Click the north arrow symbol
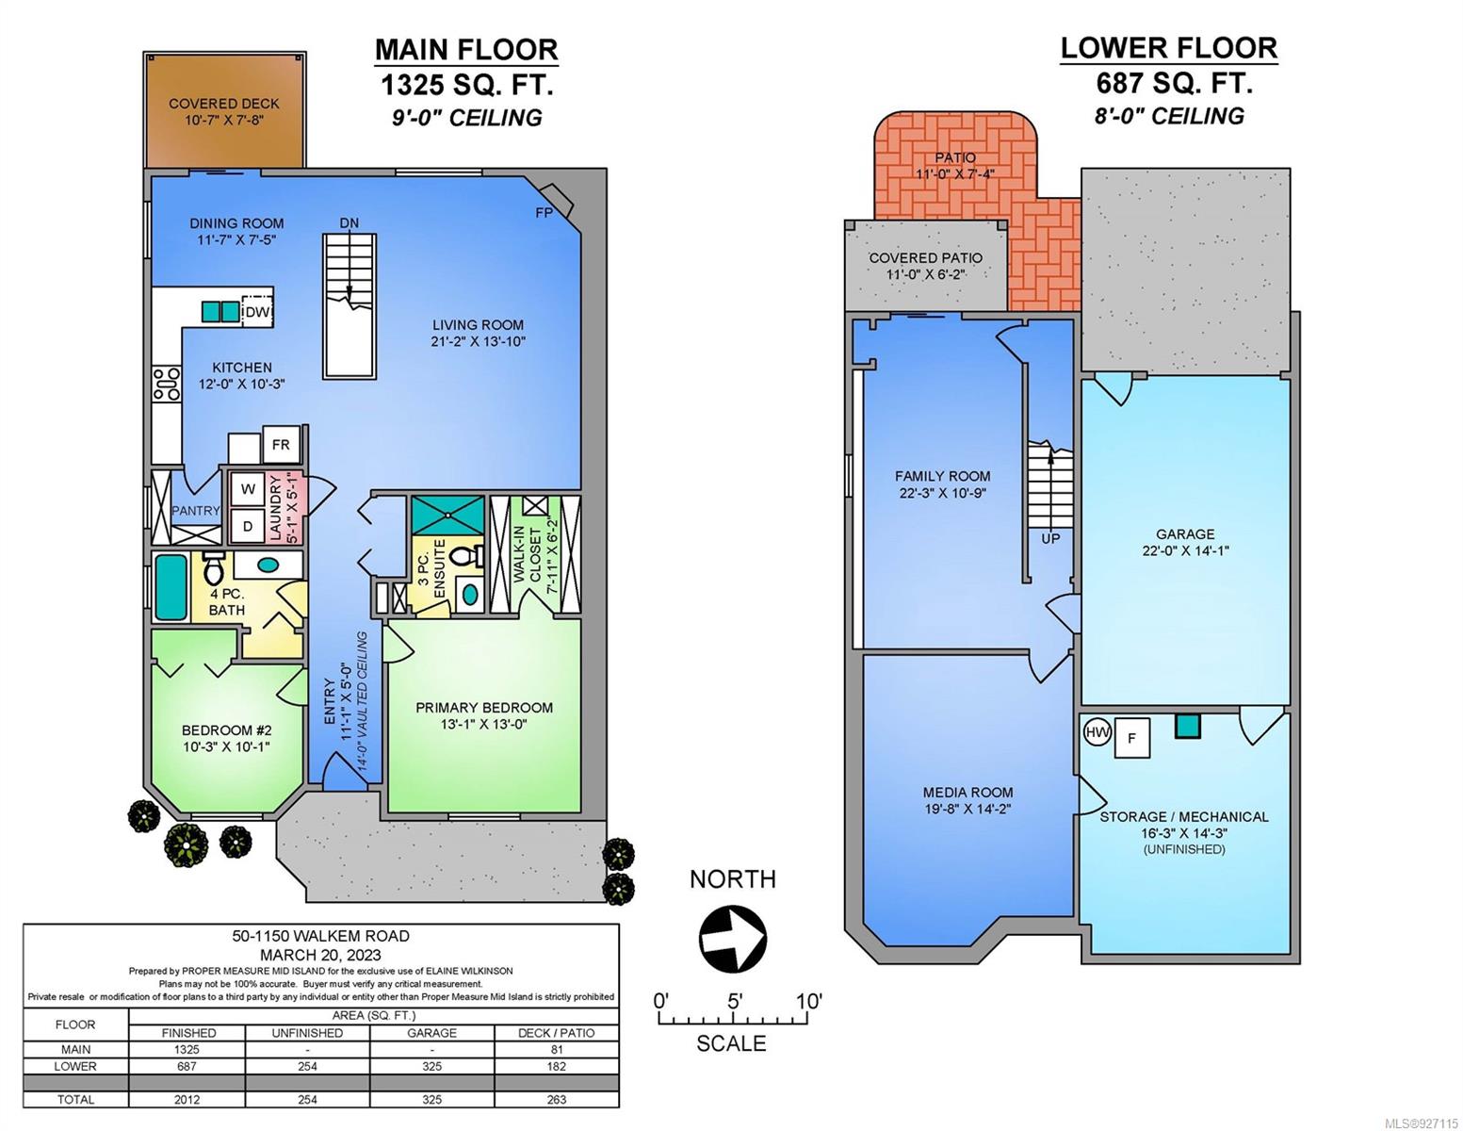pyautogui.click(x=732, y=938)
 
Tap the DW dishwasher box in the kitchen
pyautogui.click(x=257, y=312)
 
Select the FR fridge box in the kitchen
pyautogui.click(x=281, y=445)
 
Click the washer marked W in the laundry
pyautogui.click(x=249, y=489)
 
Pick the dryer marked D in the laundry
pyautogui.click(x=249, y=527)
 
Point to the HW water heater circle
pyautogui.click(x=1097, y=733)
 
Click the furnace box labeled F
pyautogui.click(x=1131, y=738)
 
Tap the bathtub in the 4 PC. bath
pyautogui.click(x=171, y=587)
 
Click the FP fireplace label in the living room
pyautogui.click(x=544, y=213)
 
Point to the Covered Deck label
pyautogui.click(x=223, y=104)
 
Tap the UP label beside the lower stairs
pyautogui.click(x=1050, y=538)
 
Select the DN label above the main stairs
pyautogui.click(x=349, y=223)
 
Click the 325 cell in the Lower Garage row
pyautogui.click(x=431, y=1066)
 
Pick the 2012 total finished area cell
pyautogui.click(x=187, y=1099)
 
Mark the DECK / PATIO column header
pyautogui.click(x=556, y=1033)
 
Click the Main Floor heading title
pyautogui.click(x=466, y=50)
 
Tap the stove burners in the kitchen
pyautogui.click(x=167, y=384)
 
